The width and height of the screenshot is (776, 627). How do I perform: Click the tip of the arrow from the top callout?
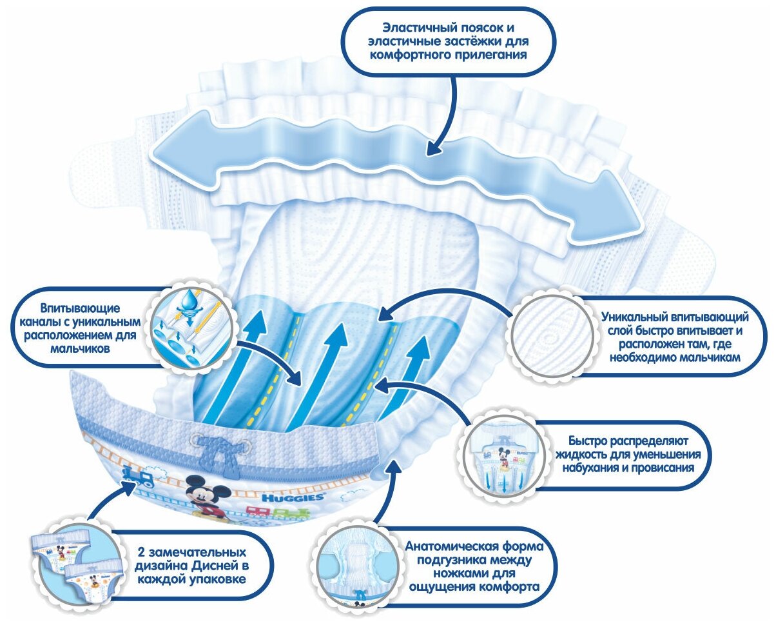[x=429, y=151]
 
